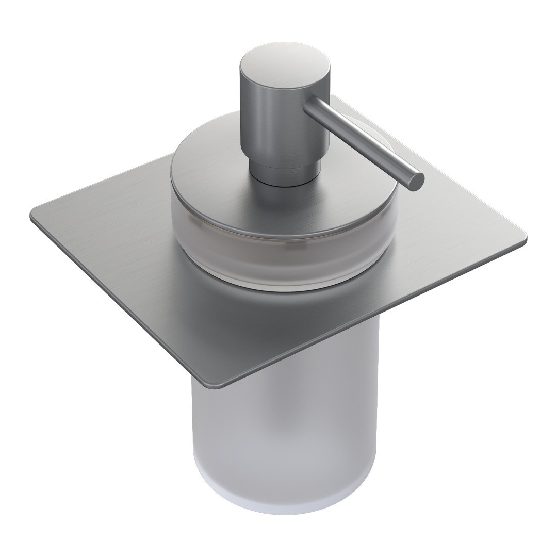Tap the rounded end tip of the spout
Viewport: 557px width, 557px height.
point(415,182)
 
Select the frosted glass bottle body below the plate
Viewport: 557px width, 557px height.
point(284,423)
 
